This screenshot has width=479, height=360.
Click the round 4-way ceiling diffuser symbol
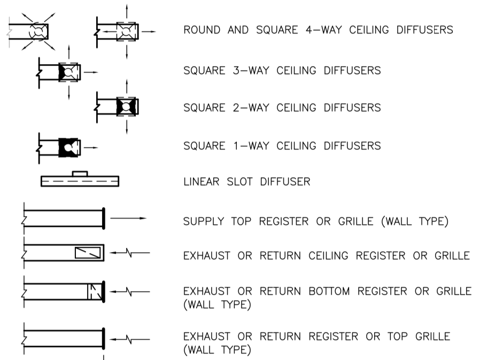click(x=38, y=32)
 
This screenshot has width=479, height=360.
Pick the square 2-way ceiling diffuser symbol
click(x=127, y=107)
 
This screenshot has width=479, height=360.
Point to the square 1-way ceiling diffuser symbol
click(x=69, y=145)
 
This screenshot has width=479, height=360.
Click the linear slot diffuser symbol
click(x=80, y=182)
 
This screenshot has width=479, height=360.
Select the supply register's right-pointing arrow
click(x=128, y=218)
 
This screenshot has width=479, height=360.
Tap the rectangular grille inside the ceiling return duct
click(x=87, y=252)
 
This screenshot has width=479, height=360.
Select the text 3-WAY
click(x=251, y=70)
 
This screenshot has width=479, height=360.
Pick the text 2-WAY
click(x=251, y=107)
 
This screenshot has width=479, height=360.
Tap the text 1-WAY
click(x=251, y=145)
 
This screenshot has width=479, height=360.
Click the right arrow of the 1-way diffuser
click(x=91, y=145)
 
